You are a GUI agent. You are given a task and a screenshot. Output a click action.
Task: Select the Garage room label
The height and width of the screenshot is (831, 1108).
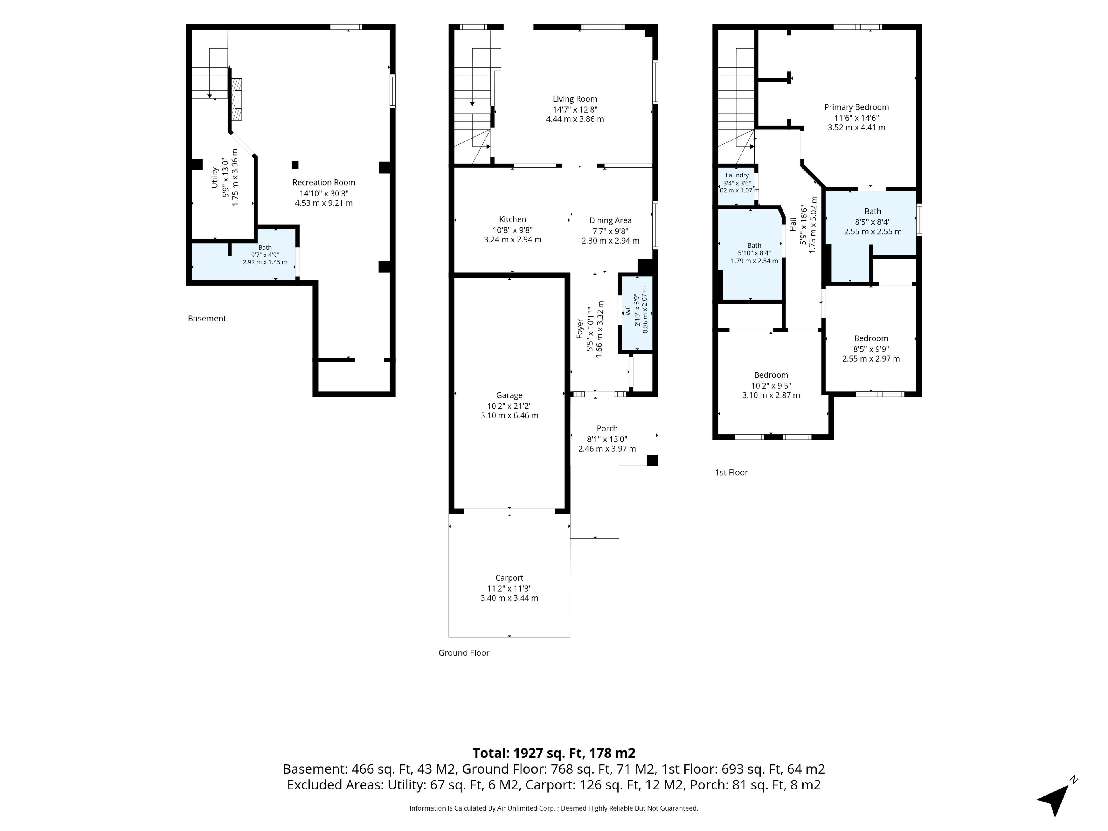[509, 396]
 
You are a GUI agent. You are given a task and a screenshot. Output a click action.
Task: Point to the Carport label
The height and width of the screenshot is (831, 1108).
[509, 578]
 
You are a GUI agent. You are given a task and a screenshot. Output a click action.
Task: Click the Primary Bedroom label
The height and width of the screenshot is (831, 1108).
[857, 107]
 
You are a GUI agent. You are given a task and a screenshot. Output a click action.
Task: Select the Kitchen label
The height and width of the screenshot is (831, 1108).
[512, 219]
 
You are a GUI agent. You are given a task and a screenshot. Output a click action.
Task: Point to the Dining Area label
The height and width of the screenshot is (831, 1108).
[610, 220]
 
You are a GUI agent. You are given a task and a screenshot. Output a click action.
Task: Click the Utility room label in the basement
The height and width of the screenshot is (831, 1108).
[214, 178]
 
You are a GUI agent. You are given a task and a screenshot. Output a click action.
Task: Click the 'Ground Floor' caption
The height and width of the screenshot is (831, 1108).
[464, 653]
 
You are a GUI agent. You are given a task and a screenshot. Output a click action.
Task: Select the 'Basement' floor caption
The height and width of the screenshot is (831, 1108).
[207, 319]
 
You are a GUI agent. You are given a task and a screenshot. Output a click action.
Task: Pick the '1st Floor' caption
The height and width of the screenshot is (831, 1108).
[731, 472]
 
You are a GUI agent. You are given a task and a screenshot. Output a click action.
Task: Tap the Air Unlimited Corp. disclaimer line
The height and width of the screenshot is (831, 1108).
[553, 808]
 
